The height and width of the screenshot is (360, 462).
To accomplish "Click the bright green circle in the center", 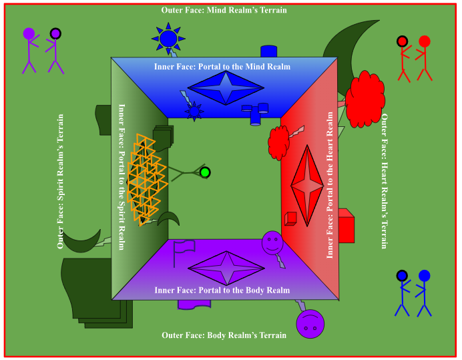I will coord(205,172).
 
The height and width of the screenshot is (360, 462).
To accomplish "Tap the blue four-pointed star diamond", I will coord(226,88).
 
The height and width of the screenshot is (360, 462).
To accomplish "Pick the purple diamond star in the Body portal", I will coord(226,268).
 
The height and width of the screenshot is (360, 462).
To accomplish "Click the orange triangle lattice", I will coord(146,179).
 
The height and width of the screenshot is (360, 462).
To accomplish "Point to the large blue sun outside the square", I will coord(168,39).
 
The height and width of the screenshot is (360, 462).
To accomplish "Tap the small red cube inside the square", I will coord(290,218).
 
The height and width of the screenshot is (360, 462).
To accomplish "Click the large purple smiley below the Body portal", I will coord(309,325).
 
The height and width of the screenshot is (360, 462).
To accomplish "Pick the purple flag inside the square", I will coord(183,248).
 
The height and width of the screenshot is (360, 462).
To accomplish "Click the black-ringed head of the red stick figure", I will coord(402,41).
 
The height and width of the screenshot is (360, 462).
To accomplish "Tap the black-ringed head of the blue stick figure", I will coord(402,275).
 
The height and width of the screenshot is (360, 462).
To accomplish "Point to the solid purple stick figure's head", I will coord(29,33).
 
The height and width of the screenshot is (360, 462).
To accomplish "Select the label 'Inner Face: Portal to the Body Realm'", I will coord(222,291).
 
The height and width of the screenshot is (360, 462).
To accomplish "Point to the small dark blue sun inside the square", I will coord(194,112).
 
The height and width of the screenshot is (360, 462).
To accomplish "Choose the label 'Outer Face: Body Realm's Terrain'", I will coord(224,335).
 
